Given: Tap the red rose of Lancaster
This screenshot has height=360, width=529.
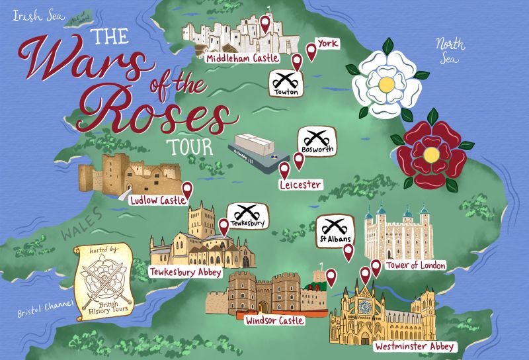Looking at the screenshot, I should coord(430,154).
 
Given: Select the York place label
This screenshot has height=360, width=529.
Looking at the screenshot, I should coord(327,44).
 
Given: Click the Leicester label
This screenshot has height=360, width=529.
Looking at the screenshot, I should coord(300,185).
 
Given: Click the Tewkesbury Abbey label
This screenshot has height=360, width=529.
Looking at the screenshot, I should coord(186,272).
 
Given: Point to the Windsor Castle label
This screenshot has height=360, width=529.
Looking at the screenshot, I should coord(274,321).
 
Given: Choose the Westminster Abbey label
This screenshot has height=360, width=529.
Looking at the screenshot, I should coord(414,346).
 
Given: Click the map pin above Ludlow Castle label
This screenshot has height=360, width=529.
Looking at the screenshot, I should coord(187,190).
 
